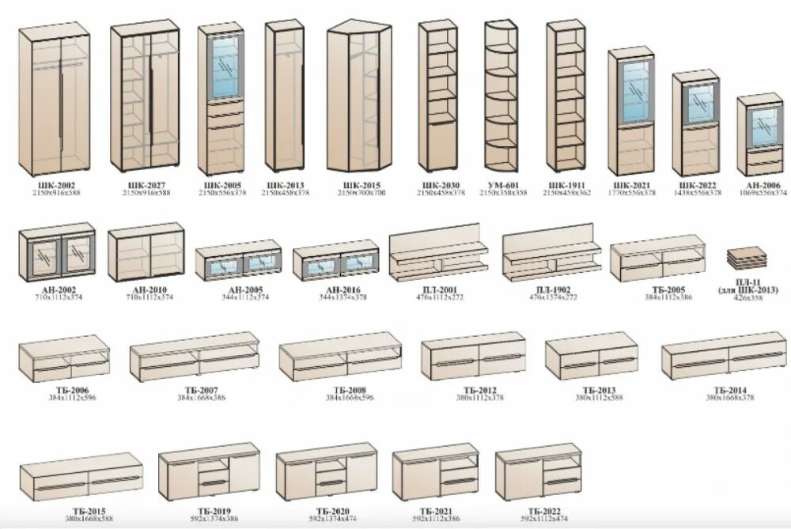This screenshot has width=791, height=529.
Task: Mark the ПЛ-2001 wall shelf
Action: [x=437, y=253]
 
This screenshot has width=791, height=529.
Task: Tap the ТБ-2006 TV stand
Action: [x=63, y=359]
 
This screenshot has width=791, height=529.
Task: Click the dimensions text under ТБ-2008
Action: [x=349, y=397]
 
